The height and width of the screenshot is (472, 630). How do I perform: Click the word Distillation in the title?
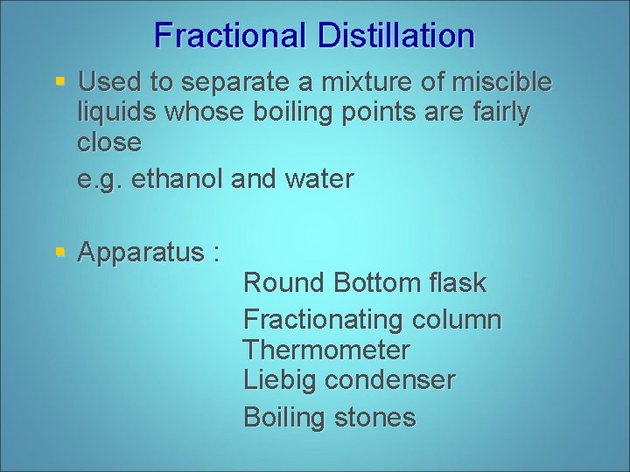point(396,36)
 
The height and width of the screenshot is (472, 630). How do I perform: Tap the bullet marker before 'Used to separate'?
point(59,82)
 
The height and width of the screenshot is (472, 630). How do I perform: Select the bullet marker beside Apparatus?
point(59,253)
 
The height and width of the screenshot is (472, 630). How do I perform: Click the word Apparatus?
point(141,253)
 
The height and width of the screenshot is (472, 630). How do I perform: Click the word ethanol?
point(181,179)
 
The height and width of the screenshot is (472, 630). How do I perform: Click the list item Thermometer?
point(326,351)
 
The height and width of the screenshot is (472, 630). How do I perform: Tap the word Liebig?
point(280,380)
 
